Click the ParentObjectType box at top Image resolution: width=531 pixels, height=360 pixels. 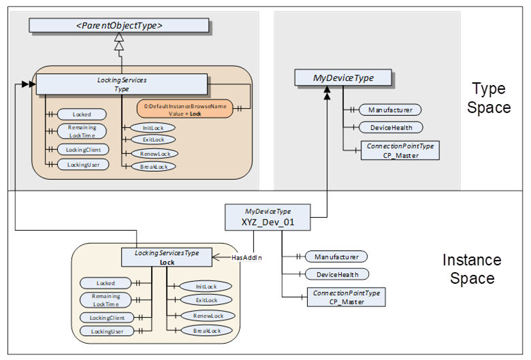click(x=118, y=26)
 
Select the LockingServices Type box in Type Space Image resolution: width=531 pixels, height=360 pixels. click(x=121, y=84)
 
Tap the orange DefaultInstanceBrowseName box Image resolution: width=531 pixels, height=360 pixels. click(x=184, y=110)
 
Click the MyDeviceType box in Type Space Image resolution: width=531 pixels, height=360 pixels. click(x=343, y=78)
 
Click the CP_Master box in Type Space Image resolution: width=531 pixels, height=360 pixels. click(x=400, y=150)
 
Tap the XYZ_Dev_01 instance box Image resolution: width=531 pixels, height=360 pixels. click(x=268, y=217)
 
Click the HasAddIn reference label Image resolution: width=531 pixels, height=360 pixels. click(x=246, y=258)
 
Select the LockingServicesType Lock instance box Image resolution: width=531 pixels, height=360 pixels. click(x=167, y=257)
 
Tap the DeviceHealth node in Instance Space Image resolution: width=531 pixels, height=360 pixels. click(x=336, y=274)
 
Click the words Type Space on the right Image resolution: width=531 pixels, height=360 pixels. click(x=489, y=98)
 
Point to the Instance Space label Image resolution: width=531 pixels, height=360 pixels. click(x=472, y=269)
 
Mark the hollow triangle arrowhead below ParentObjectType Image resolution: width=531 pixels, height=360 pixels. click(x=119, y=46)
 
